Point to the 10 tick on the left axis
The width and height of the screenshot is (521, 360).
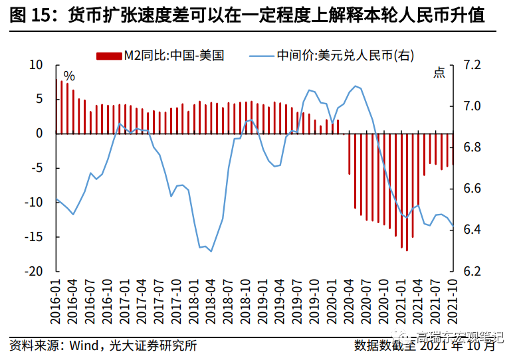pos(35,65)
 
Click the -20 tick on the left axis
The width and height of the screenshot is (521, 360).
pos(33,272)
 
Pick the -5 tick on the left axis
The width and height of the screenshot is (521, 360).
pos(36,168)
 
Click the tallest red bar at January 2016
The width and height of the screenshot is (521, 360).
pos(62,106)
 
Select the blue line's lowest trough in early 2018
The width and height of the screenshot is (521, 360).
pos(211,251)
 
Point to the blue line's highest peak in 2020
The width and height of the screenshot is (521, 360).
pos(356,86)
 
